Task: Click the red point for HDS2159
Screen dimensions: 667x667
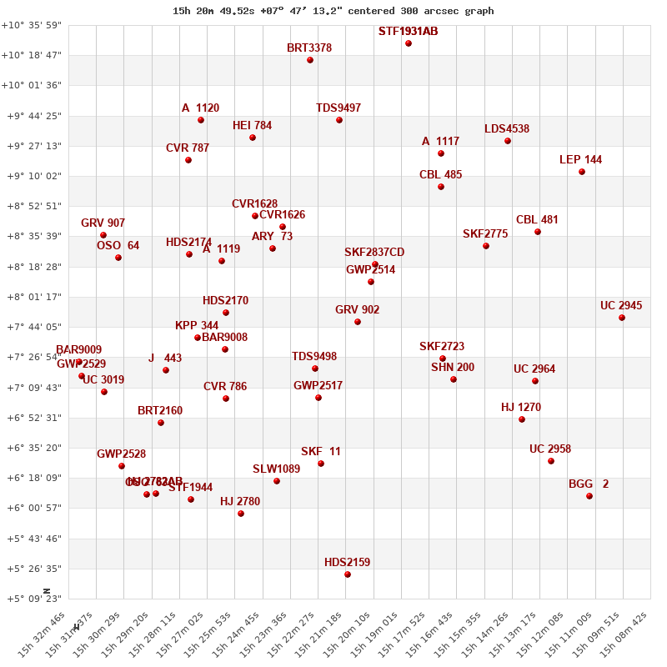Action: click(348, 574)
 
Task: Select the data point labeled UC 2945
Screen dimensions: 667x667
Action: click(622, 318)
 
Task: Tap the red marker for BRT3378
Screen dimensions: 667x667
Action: click(310, 60)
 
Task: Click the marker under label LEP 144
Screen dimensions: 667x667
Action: click(582, 172)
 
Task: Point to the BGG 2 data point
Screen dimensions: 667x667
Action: click(589, 496)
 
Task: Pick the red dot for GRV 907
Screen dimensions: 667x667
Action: click(103, 235)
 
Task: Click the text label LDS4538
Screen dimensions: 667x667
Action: click(507, 129)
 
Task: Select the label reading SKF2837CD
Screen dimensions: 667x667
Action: click(374, 253)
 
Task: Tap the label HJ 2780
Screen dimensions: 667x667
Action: click(240, 502)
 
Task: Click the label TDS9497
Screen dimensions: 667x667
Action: click(339, 108)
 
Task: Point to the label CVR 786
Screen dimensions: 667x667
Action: click(225, 387)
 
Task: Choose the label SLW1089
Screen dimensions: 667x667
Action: click(277, 469)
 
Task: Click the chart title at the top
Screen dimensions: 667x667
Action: click(333, 11)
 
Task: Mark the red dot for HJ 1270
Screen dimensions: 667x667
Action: click(522, 419)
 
